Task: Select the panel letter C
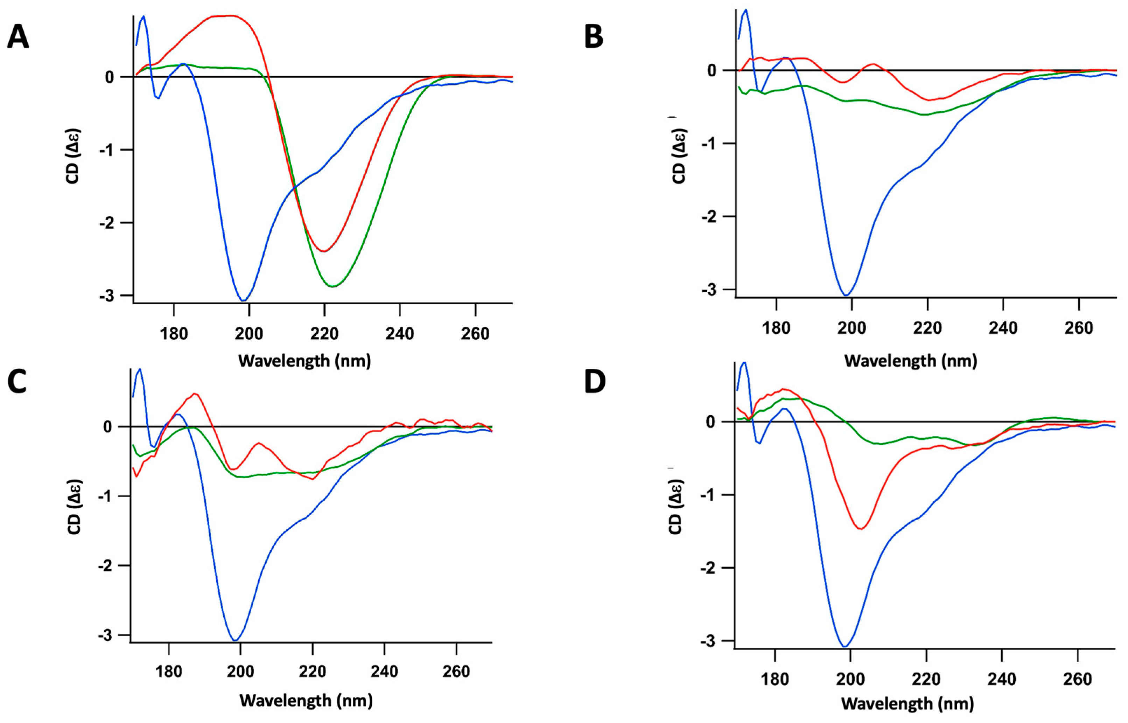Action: click(17, 383)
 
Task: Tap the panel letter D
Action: click(595, 383)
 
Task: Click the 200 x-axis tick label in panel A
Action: click(249, 334)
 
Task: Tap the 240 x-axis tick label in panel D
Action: click(1002, 679)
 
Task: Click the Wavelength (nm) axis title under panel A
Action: click(305, 361)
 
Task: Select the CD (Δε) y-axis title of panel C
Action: click(75, 507)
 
